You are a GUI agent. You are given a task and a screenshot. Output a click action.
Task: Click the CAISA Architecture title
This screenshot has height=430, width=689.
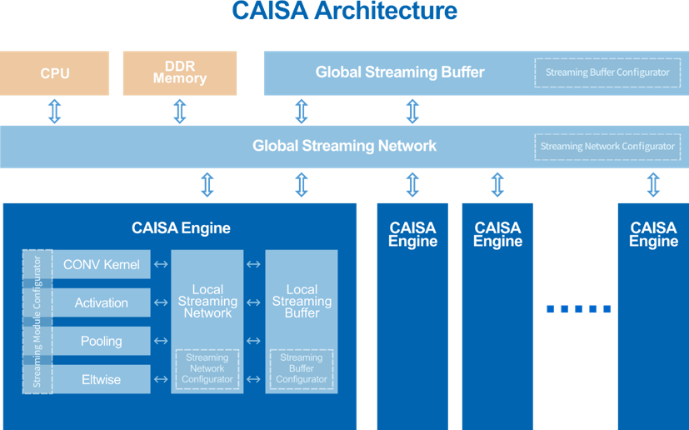click(x=344, y=11)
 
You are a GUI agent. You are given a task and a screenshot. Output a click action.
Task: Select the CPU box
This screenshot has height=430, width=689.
click(x=55, y=73)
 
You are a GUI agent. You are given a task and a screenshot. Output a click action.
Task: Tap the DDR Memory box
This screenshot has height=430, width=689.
click(x=180, y=73)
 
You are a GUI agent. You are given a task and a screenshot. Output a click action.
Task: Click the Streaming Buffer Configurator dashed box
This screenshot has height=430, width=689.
click(x=607, y=72)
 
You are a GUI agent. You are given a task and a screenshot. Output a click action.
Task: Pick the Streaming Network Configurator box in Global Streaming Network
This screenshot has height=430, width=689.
click(x=607, y=147)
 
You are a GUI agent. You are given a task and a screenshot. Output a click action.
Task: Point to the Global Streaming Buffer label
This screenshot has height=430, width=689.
click(x=400, y=72)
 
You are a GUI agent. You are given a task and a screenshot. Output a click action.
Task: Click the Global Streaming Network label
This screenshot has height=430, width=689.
click(x=344, y=147)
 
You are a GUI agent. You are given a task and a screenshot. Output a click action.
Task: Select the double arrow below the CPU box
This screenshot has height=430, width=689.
click(x=55, y=111)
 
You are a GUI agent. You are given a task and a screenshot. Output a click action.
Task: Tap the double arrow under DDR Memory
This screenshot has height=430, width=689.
click(x=180, y=111)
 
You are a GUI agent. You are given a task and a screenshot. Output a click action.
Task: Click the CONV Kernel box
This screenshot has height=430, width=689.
click(x=102, y=265)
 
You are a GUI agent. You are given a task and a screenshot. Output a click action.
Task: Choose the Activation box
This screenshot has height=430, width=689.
click(x=102, y=303)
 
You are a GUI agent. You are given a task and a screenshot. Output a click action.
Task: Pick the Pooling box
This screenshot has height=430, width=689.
click(x=102, y=342)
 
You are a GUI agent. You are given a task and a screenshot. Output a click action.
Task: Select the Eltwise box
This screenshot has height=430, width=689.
click(x=102, y=380)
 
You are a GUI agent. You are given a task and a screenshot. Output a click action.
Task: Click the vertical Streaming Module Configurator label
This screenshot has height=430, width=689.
click(x=37, y=322)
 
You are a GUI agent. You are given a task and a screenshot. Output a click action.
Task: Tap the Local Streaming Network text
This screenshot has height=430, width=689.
click(x=207, y=302)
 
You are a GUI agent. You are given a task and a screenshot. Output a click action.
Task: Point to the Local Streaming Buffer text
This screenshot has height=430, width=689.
click(x=302, y=302)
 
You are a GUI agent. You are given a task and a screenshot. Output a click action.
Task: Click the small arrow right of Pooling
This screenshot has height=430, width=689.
click(x=161, y=342)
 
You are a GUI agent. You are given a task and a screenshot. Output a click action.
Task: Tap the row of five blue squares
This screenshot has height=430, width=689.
click(x=578, y=309)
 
